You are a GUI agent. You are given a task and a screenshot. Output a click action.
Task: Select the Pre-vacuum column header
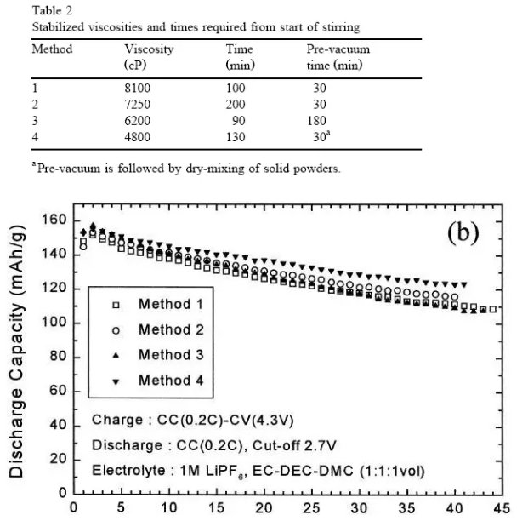338,49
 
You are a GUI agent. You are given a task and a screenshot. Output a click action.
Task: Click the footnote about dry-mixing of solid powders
187,168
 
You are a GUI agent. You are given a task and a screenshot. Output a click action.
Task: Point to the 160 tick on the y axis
57,220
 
